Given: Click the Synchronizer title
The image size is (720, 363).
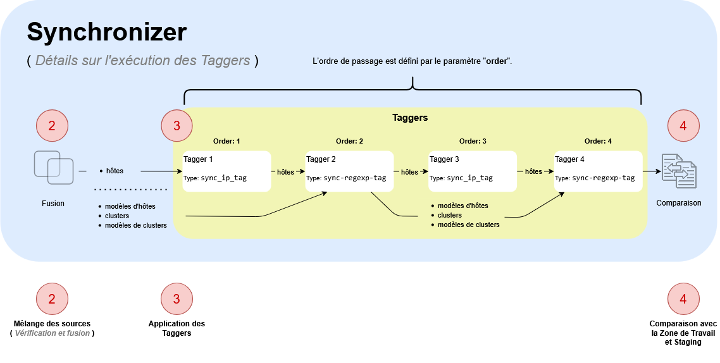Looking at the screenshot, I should click(x=107, y=32).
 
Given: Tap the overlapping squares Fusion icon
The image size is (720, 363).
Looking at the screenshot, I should click(x=53, y=167).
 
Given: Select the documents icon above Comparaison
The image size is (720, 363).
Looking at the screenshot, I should click(x=679, y=171).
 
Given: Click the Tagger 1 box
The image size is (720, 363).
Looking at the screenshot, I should click(x=227, y=171).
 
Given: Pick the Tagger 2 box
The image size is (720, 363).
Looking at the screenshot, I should click(x=349, y=171).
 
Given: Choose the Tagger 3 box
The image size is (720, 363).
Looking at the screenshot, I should click(x=472, y=171).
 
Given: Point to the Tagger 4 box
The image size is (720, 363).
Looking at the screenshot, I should click(x=598, y=171).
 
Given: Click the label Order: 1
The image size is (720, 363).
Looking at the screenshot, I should click(x=227, y=141).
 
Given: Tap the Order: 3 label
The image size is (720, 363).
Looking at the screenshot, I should click(x=473, y=141).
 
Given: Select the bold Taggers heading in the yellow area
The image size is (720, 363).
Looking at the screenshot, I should click(x=410, y=118).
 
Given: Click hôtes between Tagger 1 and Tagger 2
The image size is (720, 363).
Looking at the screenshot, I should click(x=285, y=171).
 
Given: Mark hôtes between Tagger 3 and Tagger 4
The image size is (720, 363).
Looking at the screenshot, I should click(x=533, y=171).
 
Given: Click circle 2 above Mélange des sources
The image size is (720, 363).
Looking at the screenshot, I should click(x=52, y=298).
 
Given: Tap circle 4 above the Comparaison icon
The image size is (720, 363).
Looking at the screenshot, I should click(x=683, y=126).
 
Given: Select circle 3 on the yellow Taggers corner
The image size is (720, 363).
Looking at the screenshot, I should click(x=177, y=126).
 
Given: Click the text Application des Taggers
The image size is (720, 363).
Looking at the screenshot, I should click(x=177, y=328).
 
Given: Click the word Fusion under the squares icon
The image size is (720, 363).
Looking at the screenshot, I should click(x=53, y=204).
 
